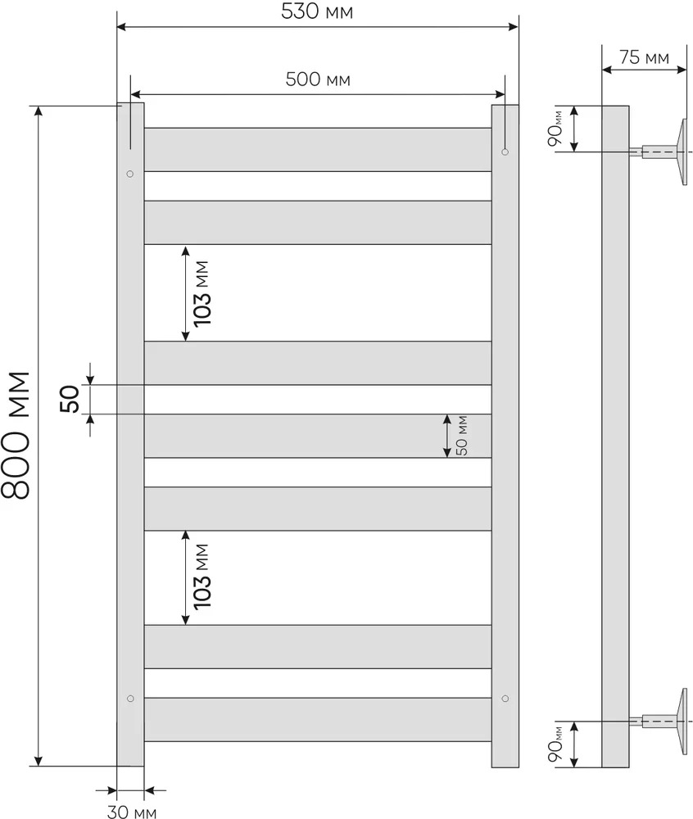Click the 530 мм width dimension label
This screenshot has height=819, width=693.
click(x=317, y=11)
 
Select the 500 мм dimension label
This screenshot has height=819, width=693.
click(x=318, y=79)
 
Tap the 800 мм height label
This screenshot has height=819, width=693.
click(x=16, y=435)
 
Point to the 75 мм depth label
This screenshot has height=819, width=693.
click(x=645, y=57)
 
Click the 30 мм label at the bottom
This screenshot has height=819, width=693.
click(x=132, y=812)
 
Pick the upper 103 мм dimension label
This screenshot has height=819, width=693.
click(x=202, y=293)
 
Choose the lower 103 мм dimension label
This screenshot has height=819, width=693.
click(x=202, y=577)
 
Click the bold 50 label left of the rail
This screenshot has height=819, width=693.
click(x=70, y=399)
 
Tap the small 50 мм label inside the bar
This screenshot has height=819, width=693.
click(x=462, y=436)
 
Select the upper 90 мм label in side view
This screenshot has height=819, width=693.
click(x=555, y=129)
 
